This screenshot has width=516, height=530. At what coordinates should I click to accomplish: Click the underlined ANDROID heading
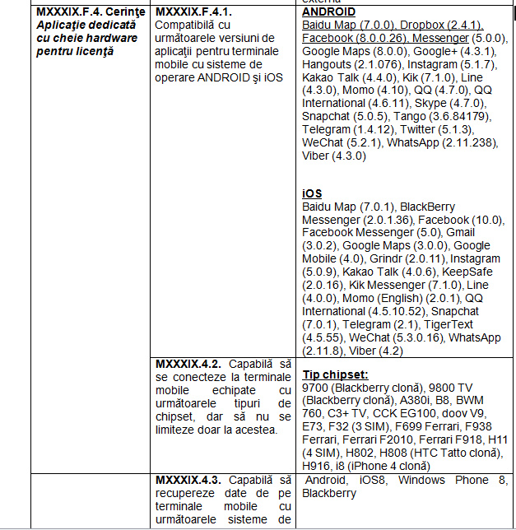click(328, 12)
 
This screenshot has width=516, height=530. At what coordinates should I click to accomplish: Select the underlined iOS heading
click(312, 193)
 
